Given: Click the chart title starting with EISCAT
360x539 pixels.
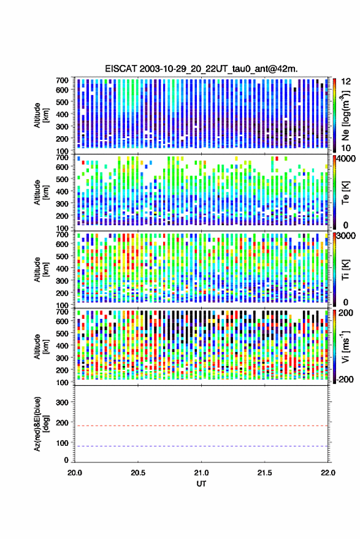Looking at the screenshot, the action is (201, 69).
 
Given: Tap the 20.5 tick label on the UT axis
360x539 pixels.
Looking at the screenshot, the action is (138, 473).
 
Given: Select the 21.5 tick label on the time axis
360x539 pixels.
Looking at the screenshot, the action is (264, 473).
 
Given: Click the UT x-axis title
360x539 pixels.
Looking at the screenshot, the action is (201, 484).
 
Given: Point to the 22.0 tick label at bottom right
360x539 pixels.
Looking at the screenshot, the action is (327, 473).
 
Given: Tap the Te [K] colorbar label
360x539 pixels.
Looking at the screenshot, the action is (345, 193).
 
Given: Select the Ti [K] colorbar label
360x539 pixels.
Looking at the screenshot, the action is (345, 270).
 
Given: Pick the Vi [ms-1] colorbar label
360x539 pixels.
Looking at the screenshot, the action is (345, 346).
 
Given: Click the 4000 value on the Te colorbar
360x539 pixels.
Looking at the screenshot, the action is (346, 159).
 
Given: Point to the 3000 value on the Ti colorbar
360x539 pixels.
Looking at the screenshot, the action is (346, 236).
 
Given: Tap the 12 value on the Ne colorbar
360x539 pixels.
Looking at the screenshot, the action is (346, 82).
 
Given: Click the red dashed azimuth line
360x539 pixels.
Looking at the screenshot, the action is (201, 426).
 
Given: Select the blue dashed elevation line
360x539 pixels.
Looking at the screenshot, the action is (201, 446).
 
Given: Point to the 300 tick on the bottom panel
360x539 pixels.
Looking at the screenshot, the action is (62, 402).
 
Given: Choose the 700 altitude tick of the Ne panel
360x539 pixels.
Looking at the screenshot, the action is (62, 80).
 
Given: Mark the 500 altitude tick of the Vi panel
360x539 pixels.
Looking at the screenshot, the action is (62, 333).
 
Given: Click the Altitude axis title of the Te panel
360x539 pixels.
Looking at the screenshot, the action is (41, 193).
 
